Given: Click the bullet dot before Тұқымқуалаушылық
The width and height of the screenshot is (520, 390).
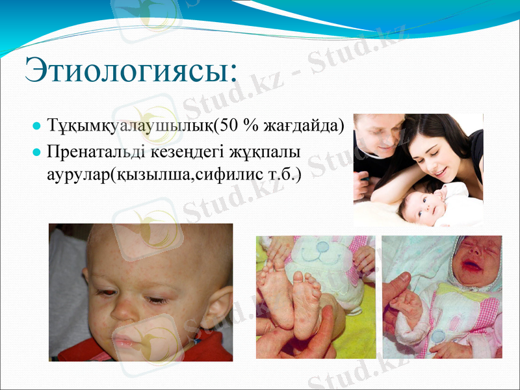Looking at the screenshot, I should click(x=38, y=125).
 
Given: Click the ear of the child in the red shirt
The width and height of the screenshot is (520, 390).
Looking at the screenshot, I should click(x=218, y=305).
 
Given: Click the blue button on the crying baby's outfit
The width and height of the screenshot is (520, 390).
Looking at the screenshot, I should click(x=437, y=337).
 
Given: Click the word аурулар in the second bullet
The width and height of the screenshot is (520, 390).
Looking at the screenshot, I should click(x=75, y=174).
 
